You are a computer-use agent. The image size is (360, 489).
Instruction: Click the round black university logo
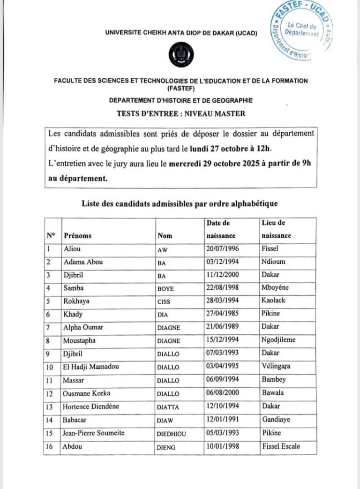180,55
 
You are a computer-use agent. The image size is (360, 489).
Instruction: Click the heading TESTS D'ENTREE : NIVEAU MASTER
180,113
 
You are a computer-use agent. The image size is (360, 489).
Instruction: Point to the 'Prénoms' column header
78,236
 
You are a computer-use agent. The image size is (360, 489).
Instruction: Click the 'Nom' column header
165,236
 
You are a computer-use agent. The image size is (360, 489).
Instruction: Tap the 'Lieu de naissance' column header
276,230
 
